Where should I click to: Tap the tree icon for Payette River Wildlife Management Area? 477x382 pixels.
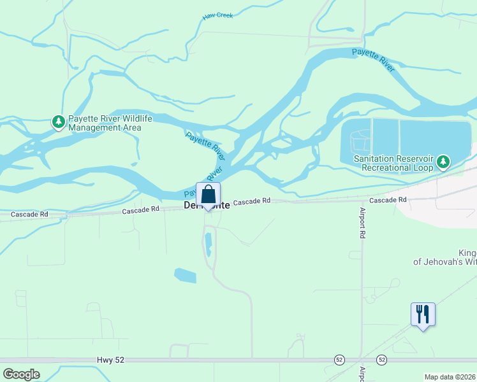pos(58,122)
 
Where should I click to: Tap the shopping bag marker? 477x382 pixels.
pos(208,195)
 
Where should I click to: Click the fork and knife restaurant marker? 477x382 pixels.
pos(423,315)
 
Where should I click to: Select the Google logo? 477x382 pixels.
pos(21,374)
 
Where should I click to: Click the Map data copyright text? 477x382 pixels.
pos(450,377)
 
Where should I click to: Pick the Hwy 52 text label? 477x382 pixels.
pos(111,360)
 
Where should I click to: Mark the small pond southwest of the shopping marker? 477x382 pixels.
pos(185,276)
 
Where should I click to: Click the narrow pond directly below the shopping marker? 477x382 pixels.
pos(209,244)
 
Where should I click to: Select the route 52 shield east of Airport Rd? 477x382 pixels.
pos(381,360)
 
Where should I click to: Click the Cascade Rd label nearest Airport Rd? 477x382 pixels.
pos(388,200)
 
